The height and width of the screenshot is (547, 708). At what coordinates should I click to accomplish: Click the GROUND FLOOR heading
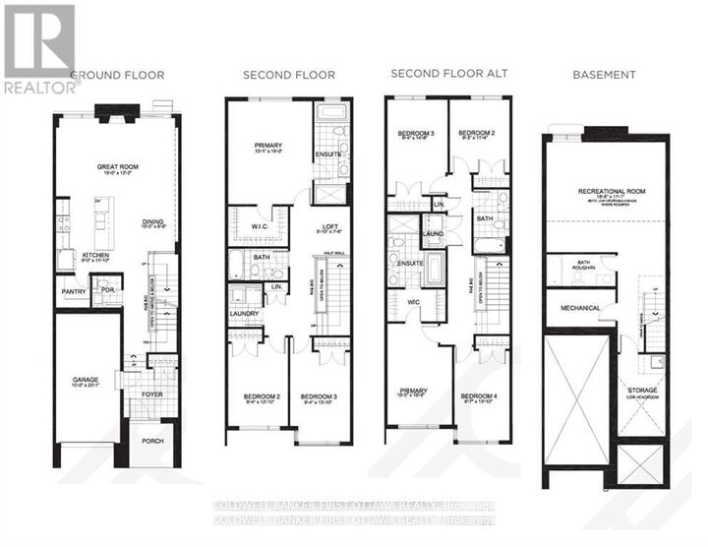[x=117, y=75]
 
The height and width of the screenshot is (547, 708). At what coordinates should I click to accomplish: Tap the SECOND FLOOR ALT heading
[x=437, y=74]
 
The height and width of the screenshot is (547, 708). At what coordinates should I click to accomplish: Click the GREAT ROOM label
[x=117, y=167]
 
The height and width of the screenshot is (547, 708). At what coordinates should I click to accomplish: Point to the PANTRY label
[x=71, y=292]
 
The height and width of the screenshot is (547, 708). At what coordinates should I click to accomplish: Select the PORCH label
[x=152, y=441]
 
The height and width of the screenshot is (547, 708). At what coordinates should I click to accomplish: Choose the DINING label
[x=152, y=221]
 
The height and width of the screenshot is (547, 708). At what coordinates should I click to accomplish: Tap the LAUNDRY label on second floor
[x=245, y=316]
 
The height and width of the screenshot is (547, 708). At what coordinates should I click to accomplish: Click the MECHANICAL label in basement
[x=580, y=308]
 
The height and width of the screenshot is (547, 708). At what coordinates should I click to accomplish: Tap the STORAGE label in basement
[x=644, y=390]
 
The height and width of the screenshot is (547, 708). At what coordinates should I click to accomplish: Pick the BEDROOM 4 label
[x=480, y=396]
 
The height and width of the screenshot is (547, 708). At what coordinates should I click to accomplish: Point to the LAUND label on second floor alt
[x=433, y=233]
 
